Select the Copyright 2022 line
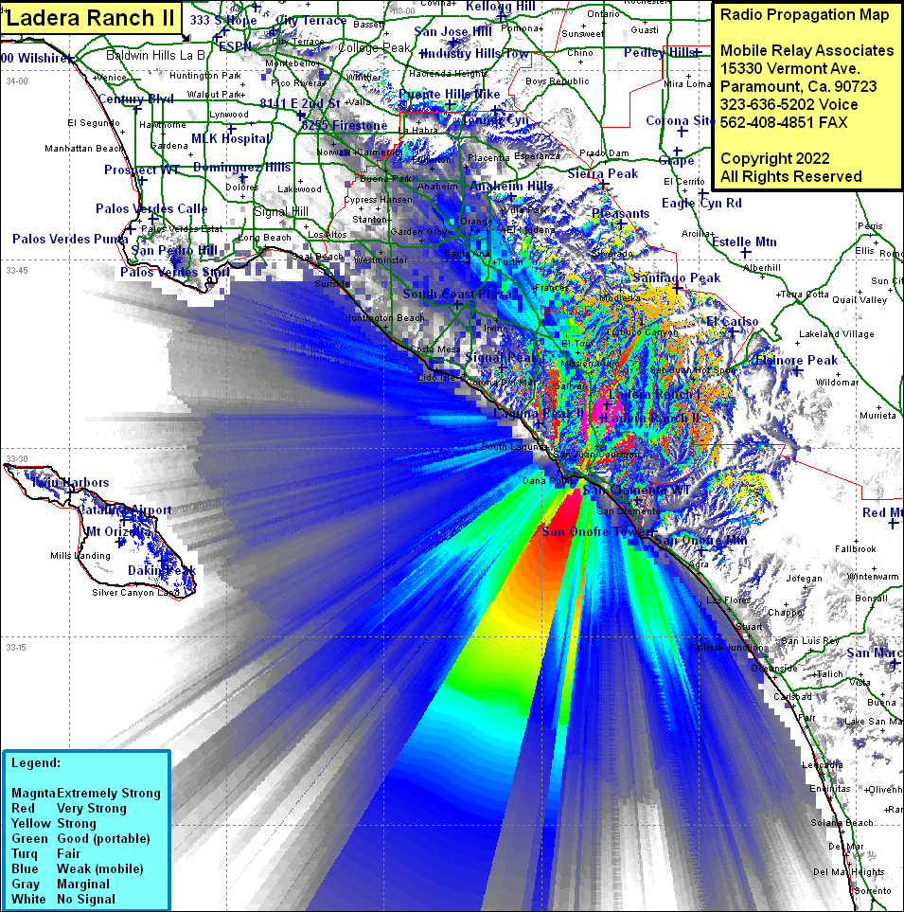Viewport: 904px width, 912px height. coord(774,158)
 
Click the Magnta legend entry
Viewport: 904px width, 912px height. coord(85,793)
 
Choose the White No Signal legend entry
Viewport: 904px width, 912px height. coord(62,899)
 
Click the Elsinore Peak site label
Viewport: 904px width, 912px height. coord(796,361)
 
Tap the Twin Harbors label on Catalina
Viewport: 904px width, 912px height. coord(69,482)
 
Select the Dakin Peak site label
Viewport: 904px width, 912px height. coord(161,570)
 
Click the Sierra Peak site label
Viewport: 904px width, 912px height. coord(603,174)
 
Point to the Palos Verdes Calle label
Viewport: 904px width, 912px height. coord(151,209)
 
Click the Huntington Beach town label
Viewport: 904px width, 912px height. coord(384,318)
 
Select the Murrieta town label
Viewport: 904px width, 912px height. coord(877,416)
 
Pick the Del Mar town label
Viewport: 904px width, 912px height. coord(845,846)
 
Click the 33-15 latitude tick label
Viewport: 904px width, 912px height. coord(16,648)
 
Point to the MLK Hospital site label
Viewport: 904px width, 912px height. coord(230,139)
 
